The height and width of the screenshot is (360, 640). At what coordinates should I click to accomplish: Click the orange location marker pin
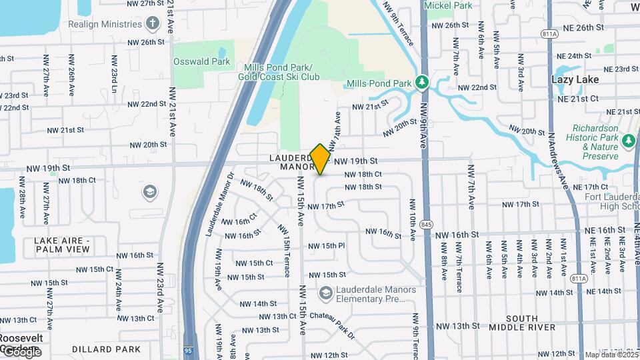[x=320, y=159]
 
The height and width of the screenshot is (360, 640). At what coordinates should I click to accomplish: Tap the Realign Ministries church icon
[x=153, y=24]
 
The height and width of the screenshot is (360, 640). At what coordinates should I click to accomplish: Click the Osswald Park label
[x=201, y=61]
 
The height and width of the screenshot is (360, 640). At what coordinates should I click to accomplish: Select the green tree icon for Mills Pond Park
[x=421, y=83]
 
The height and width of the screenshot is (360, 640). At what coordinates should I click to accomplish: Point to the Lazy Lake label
[x=575, y=79]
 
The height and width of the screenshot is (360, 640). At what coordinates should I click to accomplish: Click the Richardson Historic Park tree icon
[x=628, y=141]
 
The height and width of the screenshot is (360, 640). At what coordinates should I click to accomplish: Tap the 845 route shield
[x=427, y=224]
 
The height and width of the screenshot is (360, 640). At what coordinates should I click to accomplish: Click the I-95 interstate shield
[x=189, y=349]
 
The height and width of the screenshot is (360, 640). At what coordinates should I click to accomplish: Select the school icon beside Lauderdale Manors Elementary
[x=325, y=294]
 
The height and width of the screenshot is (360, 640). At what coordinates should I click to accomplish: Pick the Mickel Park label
[x=448, y=5]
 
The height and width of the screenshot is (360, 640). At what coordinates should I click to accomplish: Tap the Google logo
[x=21, y=351]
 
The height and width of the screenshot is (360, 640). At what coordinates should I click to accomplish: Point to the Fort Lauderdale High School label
[x=612, y=201]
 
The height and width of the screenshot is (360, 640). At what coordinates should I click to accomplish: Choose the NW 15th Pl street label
[x=332, y=245]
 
